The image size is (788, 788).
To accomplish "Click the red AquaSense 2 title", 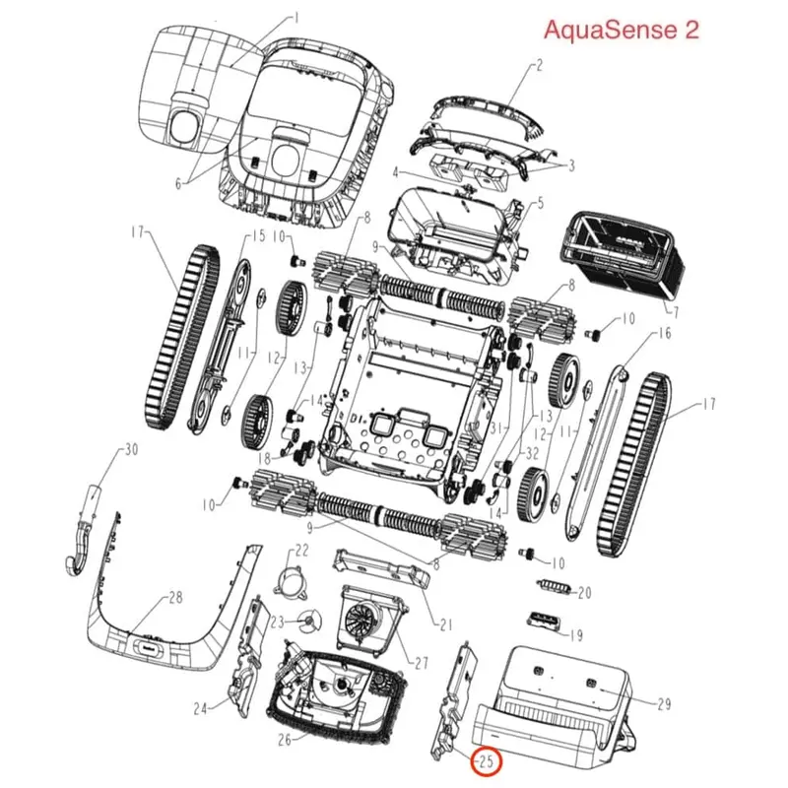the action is pos(622,30).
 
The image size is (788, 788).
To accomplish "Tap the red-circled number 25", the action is pos(486,761).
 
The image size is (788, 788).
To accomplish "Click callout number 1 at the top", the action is pos(296,19).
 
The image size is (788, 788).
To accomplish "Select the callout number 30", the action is pos(131,449).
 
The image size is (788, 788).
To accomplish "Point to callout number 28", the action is pos(175,598).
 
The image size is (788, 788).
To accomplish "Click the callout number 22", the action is pos(301,551).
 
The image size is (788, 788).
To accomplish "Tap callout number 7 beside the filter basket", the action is pos(676,312).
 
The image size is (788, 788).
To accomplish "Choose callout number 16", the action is pos(664,333).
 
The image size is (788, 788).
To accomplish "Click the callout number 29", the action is pos(664,703).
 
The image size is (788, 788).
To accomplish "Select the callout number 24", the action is pos(201,708).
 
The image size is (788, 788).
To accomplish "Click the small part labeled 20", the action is pos(555,585).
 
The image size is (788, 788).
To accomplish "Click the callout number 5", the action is pos(540,204).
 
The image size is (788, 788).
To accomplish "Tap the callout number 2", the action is pos(539,65).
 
